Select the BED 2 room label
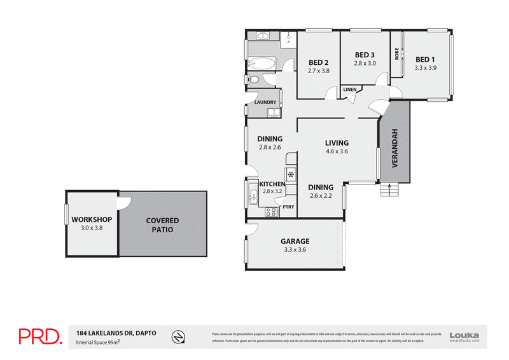(x=319, y=62)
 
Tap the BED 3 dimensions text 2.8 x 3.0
(x=365, y=64)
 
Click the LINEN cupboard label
(x=350, y=90)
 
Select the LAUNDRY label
(x=265, y=102)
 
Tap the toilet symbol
(x=253, y=80)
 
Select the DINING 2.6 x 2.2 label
(x=321, y=191)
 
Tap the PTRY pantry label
(x=288, y=207)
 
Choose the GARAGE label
(x=295, y=242)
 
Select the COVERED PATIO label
(x=163, y=225)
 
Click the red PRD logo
(x=39, y=336)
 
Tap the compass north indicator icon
(x=181, y=336)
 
